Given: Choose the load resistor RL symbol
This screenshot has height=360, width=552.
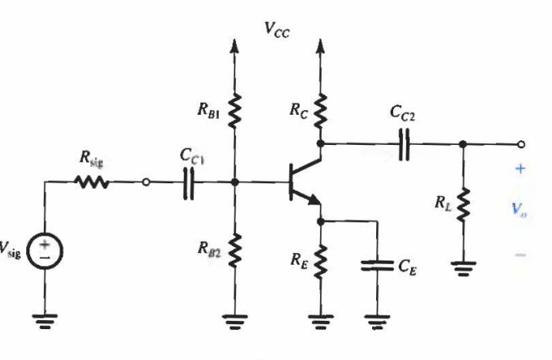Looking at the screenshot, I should coord(464,210).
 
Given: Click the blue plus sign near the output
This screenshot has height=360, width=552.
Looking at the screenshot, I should coord(521,173).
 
